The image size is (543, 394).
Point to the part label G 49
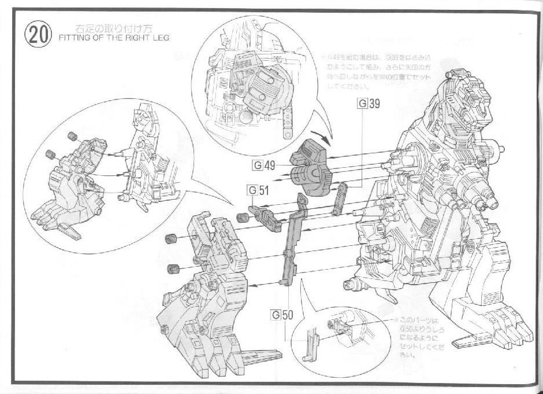[263, 166]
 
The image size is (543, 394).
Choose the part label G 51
[259, 189]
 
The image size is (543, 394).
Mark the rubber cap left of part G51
[243, 218]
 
